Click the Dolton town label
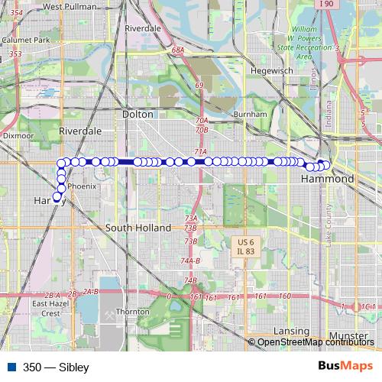coord(138,114)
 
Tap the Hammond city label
coord(327,178)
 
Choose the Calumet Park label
coord(24,40)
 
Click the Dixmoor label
coord(18,134)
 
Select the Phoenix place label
coord(82,186)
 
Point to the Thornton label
coord(132,312)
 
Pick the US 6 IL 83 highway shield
coord(241,246)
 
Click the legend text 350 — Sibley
coord(56,367)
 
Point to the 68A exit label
coord(178,50)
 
